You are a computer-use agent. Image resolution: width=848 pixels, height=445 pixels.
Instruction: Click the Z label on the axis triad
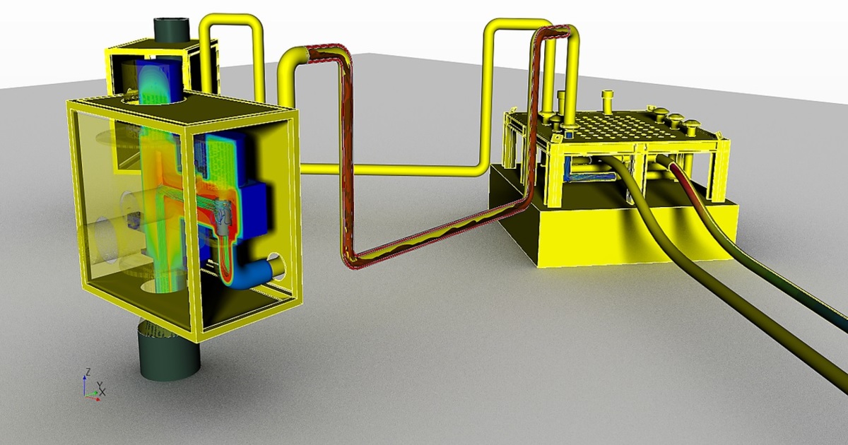click(86, 370)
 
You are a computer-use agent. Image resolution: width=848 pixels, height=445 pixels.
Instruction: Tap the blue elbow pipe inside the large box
click(254, 272)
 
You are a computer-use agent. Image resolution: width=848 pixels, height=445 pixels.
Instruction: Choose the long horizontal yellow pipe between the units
click(396, 170)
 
